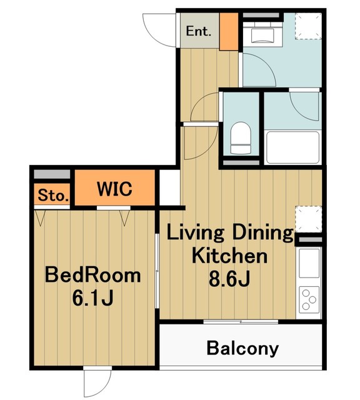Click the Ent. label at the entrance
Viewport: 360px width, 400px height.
tap(199, 31)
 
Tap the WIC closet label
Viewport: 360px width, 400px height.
tap(114, 189)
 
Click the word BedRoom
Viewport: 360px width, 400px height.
tap(93, 275)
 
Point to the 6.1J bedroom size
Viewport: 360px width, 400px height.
tap(93, 298)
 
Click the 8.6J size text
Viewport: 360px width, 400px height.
tap(229, 279)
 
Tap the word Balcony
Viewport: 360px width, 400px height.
tap(242, 349)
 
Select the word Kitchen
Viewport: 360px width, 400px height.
tap(229, 256)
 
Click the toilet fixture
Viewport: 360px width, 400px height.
tap(241, 138)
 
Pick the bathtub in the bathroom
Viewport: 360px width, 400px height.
tap(293, 147)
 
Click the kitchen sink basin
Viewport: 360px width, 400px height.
tap(309, 263)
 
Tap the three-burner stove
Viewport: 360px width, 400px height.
tap(309, 299)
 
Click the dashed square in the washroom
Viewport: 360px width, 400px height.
tap(308, 26)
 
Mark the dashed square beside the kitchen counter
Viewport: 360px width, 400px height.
tap(308, 219)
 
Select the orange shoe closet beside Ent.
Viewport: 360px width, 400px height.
tap(229, 31)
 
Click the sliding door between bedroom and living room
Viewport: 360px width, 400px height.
tap(157, 271)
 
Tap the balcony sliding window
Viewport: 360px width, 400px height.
tap(241, 322)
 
